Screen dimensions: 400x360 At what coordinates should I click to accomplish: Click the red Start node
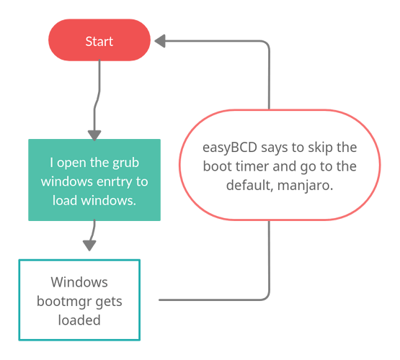[x=99, y=40]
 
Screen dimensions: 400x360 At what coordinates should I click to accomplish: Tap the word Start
[x=99, y=41]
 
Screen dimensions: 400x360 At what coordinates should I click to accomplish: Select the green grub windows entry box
[x=94, y=180]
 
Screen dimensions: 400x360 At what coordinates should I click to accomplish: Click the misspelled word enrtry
[x=115, y=181]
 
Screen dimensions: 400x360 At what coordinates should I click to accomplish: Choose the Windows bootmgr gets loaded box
[x=79, y=300]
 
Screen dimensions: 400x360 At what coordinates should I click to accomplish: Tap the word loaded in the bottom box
[x=79, y=320]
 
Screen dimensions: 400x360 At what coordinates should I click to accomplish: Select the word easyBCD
[x=230, y=148]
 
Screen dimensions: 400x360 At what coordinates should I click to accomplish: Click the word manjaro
[x=305, y=186]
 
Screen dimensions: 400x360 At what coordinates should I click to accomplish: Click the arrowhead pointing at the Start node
[x=160, y=41]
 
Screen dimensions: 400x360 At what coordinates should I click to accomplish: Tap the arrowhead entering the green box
[x=94, y=135]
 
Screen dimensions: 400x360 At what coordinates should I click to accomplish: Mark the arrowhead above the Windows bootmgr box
[x=89, y=246]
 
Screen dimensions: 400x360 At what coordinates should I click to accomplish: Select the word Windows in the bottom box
[x=79, y=282]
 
